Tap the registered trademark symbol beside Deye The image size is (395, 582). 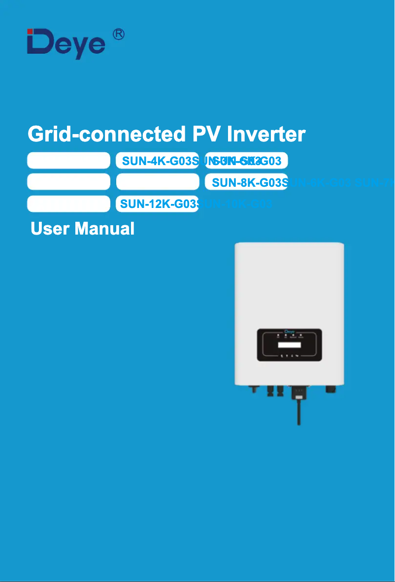click(x=118, y=34)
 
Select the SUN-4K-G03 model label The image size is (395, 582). click(x=157, y=161)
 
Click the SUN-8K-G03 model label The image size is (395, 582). click(x=246, y=182)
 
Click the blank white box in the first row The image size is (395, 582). click(x=68, y=161)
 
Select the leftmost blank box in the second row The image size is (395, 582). click(x=68, y=182)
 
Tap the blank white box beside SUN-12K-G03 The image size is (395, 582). click(x=68, y=204)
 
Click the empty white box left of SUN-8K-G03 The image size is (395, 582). click(x=157, y=182)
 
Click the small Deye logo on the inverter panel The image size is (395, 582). click(x=290, y=332)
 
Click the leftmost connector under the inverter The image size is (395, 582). click(x=253, y=389)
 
